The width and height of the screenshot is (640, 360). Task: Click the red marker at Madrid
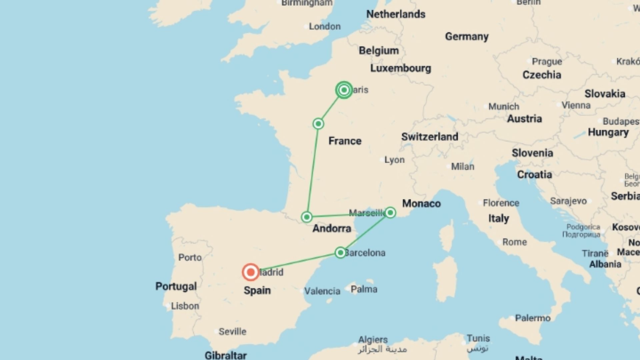click(251, 272)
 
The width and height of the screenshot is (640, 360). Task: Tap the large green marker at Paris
click(344, 90)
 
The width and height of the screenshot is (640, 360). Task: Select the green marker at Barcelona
click(340, 253)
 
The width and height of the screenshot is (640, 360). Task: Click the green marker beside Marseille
click(390, 213)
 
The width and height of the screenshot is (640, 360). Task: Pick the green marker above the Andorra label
click(307, 217)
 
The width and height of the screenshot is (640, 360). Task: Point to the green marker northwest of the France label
click(318, 124)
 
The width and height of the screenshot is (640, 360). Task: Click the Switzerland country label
click(430, 137)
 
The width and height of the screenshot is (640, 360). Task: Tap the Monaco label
click(421, 203)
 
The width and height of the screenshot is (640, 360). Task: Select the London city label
click(324, 26)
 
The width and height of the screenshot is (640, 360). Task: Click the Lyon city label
click(394, 160)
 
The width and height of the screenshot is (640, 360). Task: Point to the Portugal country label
click(176, 286)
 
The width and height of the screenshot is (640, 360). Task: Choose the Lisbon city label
click(185, 306)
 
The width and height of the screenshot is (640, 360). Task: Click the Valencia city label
click(322, 291)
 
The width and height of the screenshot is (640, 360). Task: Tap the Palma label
click(364, 289)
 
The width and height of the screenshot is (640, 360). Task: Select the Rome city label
click(514, 242)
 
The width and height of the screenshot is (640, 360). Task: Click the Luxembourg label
click(400, 68)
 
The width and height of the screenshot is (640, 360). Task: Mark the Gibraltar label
click(226, 355)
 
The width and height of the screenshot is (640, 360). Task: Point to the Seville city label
click(232, 331)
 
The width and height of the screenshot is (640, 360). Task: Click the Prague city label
click(547, 62)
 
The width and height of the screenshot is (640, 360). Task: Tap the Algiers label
click(373, 340)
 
